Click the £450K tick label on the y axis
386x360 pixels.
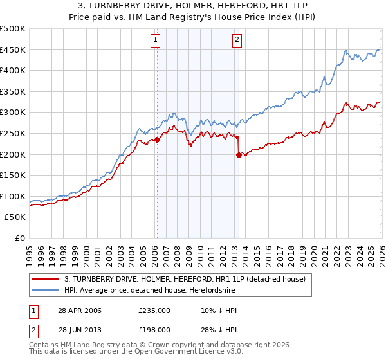13,50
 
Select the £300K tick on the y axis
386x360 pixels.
13,113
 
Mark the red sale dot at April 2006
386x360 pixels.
157,139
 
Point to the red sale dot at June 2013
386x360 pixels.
239,155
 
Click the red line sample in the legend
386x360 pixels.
46,279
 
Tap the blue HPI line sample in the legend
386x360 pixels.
46,290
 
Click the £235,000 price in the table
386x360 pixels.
154,310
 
